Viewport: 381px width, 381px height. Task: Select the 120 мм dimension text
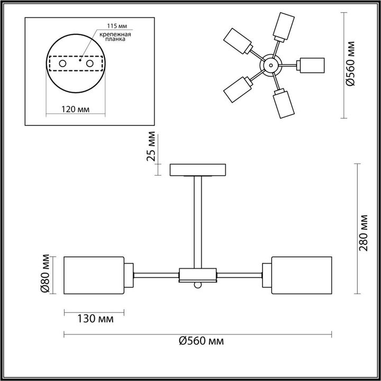coord(75,109)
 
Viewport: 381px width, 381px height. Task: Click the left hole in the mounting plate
coord(62,63)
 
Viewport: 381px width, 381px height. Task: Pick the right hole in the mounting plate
coord(90,63)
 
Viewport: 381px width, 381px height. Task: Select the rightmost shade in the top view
coord(311,65)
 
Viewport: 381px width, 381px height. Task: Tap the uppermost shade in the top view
coord(284,25)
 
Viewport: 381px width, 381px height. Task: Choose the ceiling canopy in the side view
coord(197,170)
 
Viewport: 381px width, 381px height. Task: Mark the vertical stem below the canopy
coord(197,222)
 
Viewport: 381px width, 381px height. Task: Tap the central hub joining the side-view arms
coord(198,274)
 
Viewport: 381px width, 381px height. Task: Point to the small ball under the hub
coord(198,285)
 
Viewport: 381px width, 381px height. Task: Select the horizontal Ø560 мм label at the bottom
coord(201,341)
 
